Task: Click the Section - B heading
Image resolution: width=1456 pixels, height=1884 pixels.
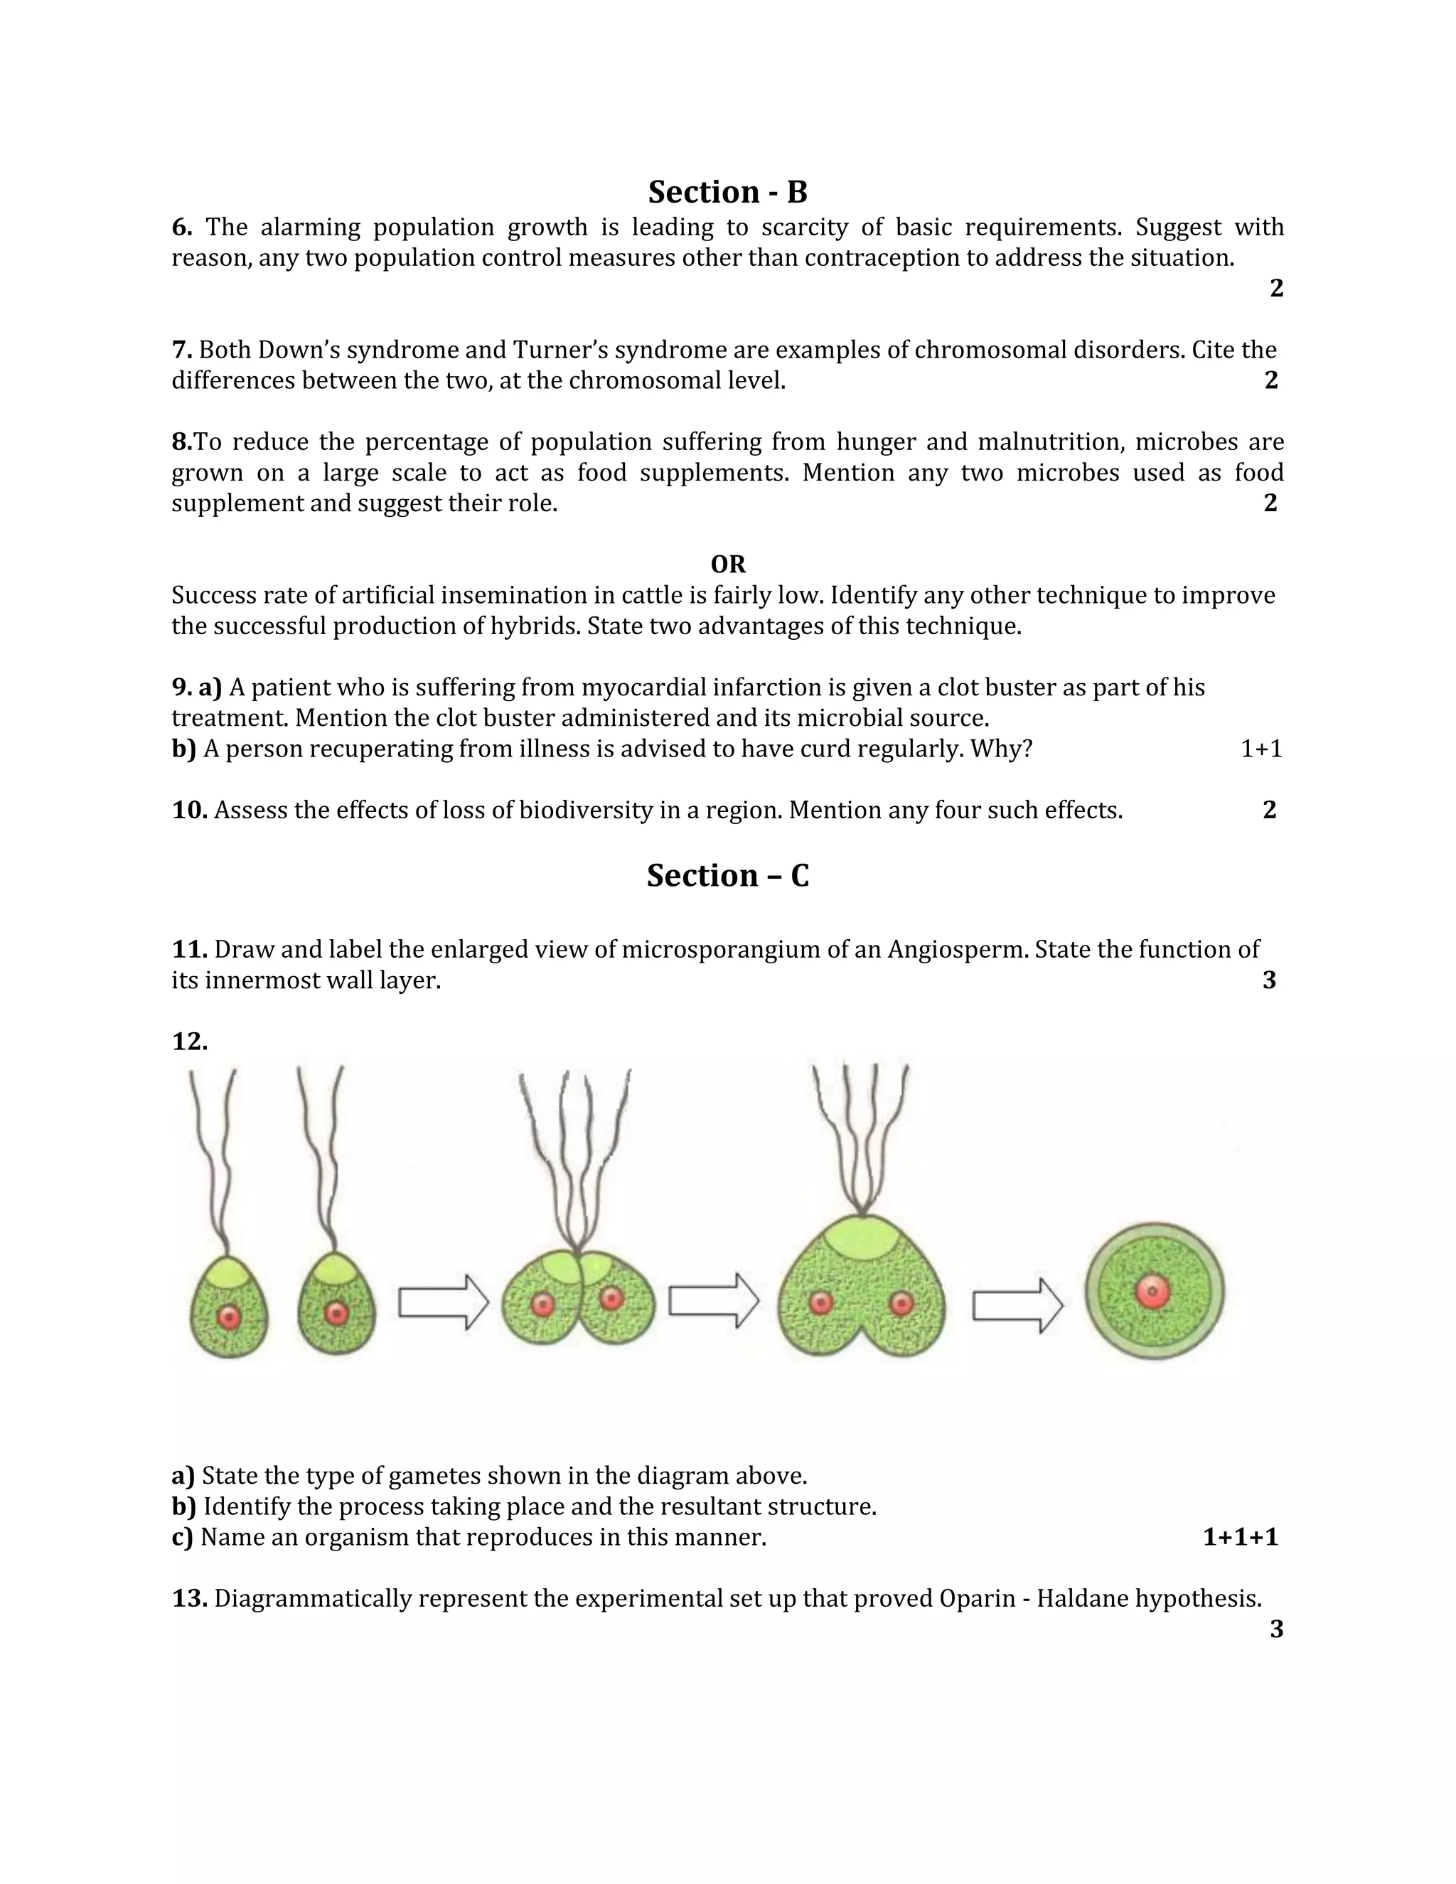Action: point(727,191)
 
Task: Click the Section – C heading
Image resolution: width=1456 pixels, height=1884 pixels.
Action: point(727,876)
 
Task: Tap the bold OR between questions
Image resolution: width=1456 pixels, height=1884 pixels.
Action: point(727,564)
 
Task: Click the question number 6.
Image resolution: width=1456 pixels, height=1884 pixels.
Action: point(181,228)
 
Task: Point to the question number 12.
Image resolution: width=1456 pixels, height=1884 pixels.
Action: point(190,1042)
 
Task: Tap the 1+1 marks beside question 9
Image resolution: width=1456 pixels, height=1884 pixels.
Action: point(1261,749)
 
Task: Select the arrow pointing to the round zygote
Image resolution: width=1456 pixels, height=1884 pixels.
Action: point(1017,1305)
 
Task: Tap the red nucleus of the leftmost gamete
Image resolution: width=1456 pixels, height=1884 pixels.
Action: point(229,1317)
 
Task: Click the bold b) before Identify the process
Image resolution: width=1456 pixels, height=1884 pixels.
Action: point(183,1506)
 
